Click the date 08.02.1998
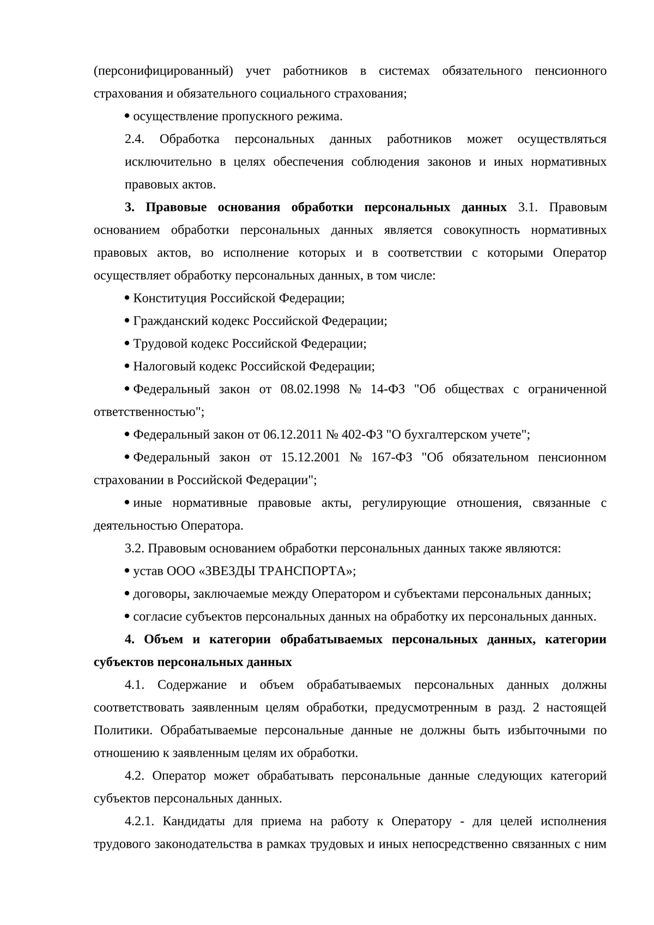[x=310, y=389]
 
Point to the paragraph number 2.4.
[x=135, y=139]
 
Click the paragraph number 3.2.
[x=134, y=548]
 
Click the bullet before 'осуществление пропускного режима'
[x=127, y=116]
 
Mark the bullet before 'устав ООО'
[x=127, y=571]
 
